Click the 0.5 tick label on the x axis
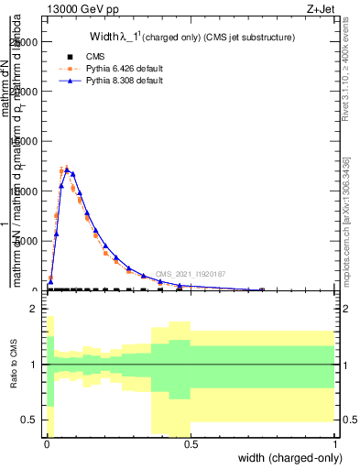(191, 444)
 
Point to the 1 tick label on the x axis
(334, 444)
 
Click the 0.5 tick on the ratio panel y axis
(30, 420)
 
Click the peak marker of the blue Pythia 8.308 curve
(67, 169)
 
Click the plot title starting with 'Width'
(191, 38)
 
